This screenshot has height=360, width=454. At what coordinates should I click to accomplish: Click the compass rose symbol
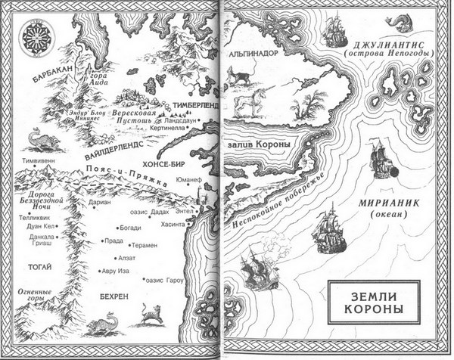[x=35, y=36]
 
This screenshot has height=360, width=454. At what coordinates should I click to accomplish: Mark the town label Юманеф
[x=188, y=180]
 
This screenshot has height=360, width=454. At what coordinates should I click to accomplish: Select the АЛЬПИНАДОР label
[x=254, y=53]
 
